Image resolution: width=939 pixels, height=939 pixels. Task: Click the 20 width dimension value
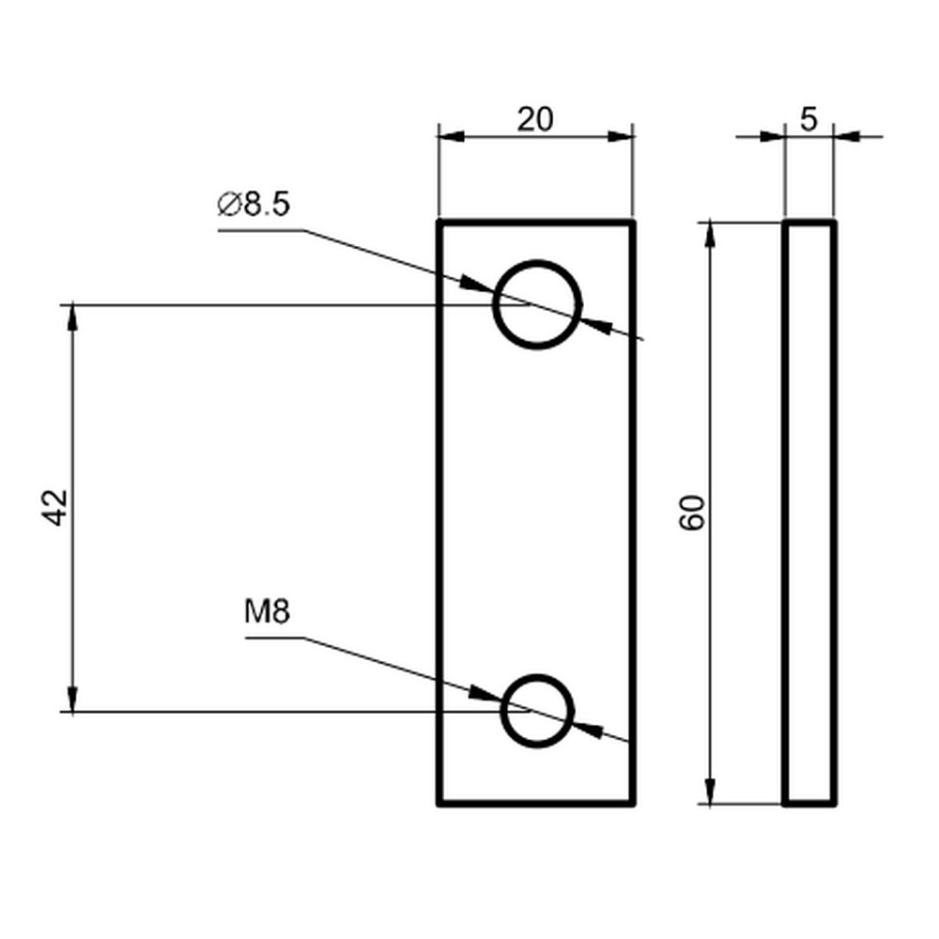coord(535,119)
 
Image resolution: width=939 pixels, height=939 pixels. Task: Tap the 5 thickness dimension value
coord(808,119)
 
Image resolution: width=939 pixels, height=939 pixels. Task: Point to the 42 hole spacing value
coord(56,508)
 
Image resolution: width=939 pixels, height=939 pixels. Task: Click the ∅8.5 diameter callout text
coord(254,204)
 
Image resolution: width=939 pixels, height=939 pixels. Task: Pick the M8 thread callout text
coord(267,612)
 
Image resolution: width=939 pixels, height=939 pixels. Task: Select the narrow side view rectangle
coord(784,513)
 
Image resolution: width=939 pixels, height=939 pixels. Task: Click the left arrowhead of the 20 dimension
coord(451,136)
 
